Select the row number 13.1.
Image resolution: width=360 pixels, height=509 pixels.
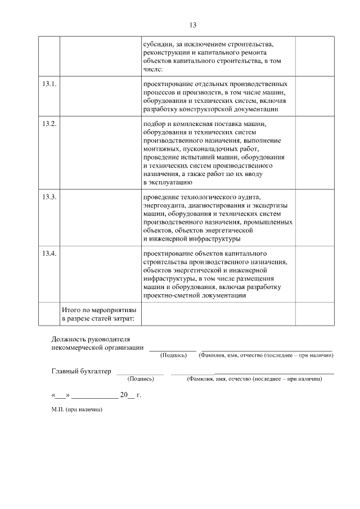(x=49, y=84)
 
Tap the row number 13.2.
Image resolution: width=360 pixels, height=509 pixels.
(x=49, y=124)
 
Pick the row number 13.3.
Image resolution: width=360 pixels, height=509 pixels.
(x=49, y=197)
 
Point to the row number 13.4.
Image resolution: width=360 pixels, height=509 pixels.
(x=49, y=253)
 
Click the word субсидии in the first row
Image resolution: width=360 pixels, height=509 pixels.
(x=157, y=43)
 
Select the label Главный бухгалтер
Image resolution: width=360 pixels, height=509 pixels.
(x=81, y=371)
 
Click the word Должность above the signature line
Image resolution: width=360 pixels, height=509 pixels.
(x=69, y=340)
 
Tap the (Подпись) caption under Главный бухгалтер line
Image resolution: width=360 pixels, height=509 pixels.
(x=141, y=380)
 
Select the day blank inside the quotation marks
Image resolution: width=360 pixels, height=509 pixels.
(x=62, y=395)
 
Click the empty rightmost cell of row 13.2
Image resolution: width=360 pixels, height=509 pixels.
(x=314, y=152)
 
